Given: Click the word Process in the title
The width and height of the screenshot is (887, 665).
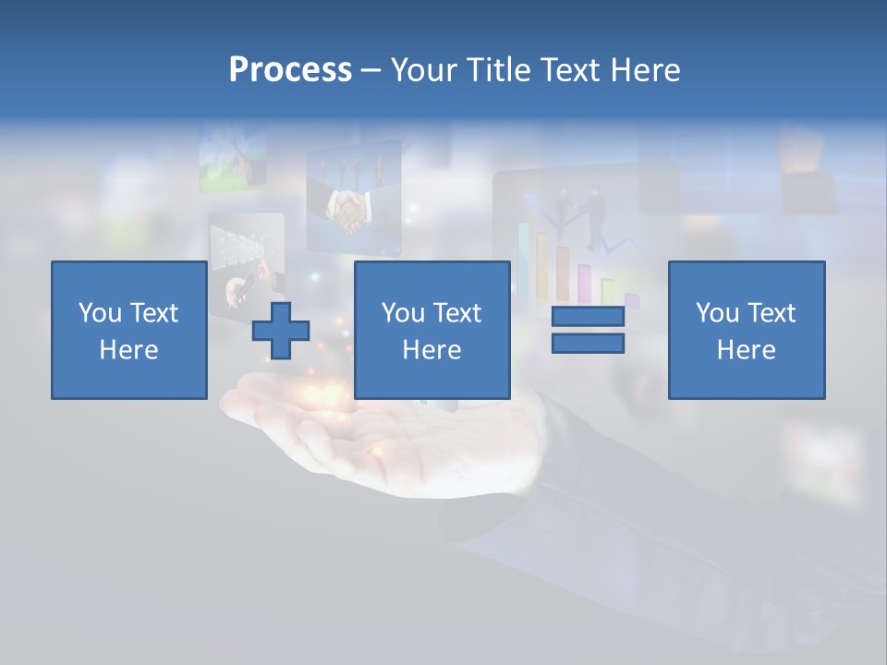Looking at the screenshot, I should [290, 70].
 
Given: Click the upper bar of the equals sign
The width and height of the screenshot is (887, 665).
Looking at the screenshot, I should [588, 317].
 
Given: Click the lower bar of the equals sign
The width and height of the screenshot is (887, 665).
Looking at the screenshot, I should [588, 343].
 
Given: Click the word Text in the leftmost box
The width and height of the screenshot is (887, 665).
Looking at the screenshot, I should [154, 313].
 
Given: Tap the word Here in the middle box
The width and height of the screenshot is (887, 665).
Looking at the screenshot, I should [431, 350].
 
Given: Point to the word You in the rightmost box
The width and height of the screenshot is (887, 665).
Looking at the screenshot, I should [717, 313].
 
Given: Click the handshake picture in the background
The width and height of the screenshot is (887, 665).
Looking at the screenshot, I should [352, 212].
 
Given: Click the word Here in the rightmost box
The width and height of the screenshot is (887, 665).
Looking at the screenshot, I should [746, 350].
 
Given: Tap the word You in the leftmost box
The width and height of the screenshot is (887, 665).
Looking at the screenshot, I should [100, 313].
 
